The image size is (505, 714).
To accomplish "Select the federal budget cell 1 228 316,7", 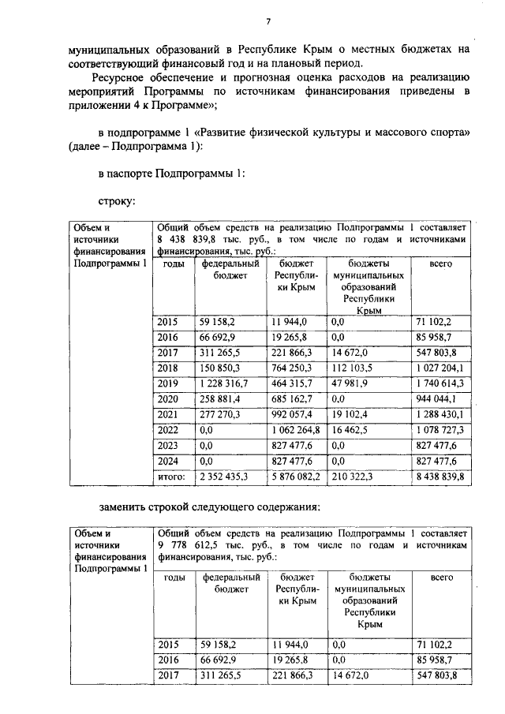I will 227,383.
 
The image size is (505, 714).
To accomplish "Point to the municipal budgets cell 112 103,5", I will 354,368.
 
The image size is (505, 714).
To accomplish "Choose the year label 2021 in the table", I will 168,413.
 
